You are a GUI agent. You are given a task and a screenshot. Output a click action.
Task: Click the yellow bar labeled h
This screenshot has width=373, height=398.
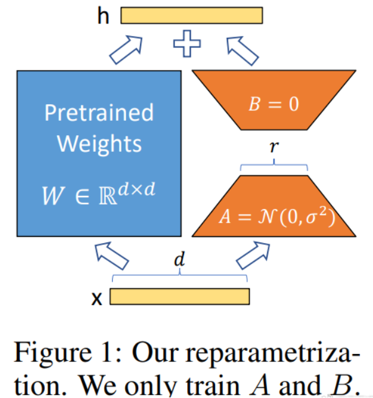(191, 15)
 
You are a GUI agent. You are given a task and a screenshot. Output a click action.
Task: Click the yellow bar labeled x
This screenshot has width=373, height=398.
(180, 296)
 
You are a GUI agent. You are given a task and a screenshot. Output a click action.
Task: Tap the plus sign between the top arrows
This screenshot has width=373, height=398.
(187, 43)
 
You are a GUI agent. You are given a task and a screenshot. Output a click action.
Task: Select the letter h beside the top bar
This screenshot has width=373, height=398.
(103, 16)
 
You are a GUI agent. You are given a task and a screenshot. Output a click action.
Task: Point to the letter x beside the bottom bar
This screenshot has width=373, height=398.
(97, 299)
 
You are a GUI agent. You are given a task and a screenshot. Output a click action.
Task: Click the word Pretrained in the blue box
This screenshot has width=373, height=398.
(99, 112)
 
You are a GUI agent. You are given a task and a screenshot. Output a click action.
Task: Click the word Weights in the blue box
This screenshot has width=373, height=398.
(99, 144)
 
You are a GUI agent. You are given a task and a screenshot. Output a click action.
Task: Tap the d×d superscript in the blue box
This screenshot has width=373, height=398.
(137, 189)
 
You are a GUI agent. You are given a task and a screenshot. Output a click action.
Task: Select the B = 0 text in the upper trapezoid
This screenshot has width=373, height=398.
(274, 104)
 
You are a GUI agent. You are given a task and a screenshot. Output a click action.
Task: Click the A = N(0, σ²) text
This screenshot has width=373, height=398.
(277, 216)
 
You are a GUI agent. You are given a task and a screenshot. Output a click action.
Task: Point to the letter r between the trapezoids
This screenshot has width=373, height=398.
(274, 146)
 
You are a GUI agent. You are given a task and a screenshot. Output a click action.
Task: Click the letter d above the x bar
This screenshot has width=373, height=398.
(180, 259)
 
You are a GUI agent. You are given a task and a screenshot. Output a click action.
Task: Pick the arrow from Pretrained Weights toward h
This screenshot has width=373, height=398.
(126, 50)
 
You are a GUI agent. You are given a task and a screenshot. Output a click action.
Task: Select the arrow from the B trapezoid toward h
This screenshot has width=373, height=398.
(243, 50)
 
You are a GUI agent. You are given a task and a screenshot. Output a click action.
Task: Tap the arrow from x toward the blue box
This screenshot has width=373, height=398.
(112, 255)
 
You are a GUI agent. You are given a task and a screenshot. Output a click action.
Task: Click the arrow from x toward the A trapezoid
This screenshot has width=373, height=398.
(253, 255)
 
